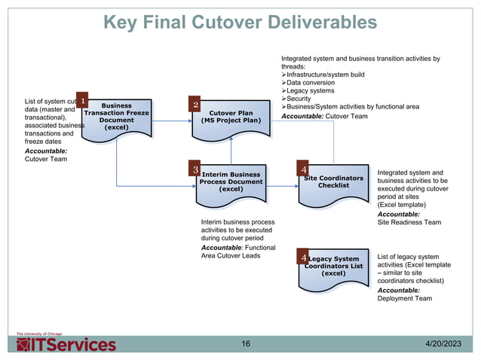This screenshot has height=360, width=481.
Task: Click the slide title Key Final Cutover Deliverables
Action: tap(240, 23)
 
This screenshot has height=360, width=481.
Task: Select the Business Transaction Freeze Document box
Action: tap(117, 119)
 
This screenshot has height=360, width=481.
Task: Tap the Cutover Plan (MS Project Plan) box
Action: tap(231, 118)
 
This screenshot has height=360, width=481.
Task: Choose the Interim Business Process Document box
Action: tap(231, 183)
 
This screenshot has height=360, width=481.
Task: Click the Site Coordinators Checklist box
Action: tap(334, 183)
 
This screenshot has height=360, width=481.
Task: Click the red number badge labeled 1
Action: tap(82, 99)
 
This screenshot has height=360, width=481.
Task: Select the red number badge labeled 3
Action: tap(195, 171)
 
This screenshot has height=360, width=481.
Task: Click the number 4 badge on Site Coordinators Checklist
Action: tap(304, 171)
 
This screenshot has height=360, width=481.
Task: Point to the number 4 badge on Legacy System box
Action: tap(304, 258)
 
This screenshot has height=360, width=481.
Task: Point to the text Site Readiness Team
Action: tap(409, 223)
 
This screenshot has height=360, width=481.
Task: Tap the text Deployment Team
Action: tap(405, 298)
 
